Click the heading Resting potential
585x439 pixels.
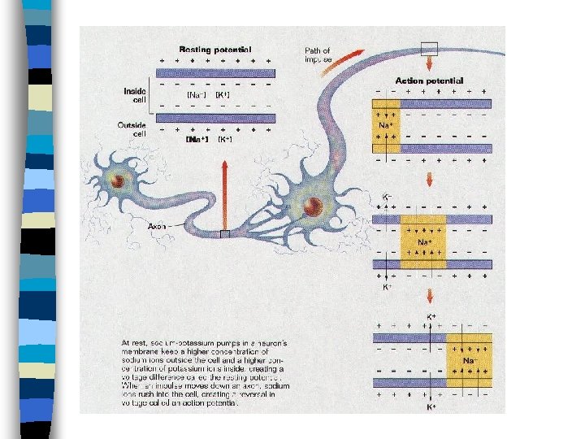214,50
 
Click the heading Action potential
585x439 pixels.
429,80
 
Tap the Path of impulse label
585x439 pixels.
318,55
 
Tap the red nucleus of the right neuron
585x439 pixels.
313,206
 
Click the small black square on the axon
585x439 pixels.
225,235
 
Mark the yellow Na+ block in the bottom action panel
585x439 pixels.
468,359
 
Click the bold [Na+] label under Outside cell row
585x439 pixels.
197,140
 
